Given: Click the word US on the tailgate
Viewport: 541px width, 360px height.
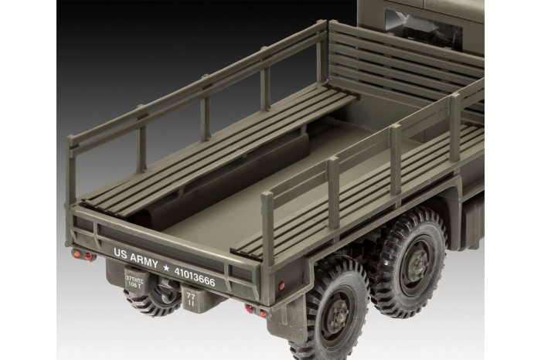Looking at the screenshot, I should click(121, 253).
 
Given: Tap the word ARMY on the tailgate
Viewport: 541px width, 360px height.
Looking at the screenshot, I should click(145, 258).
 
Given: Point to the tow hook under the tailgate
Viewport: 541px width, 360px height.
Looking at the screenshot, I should click(165, 291).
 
